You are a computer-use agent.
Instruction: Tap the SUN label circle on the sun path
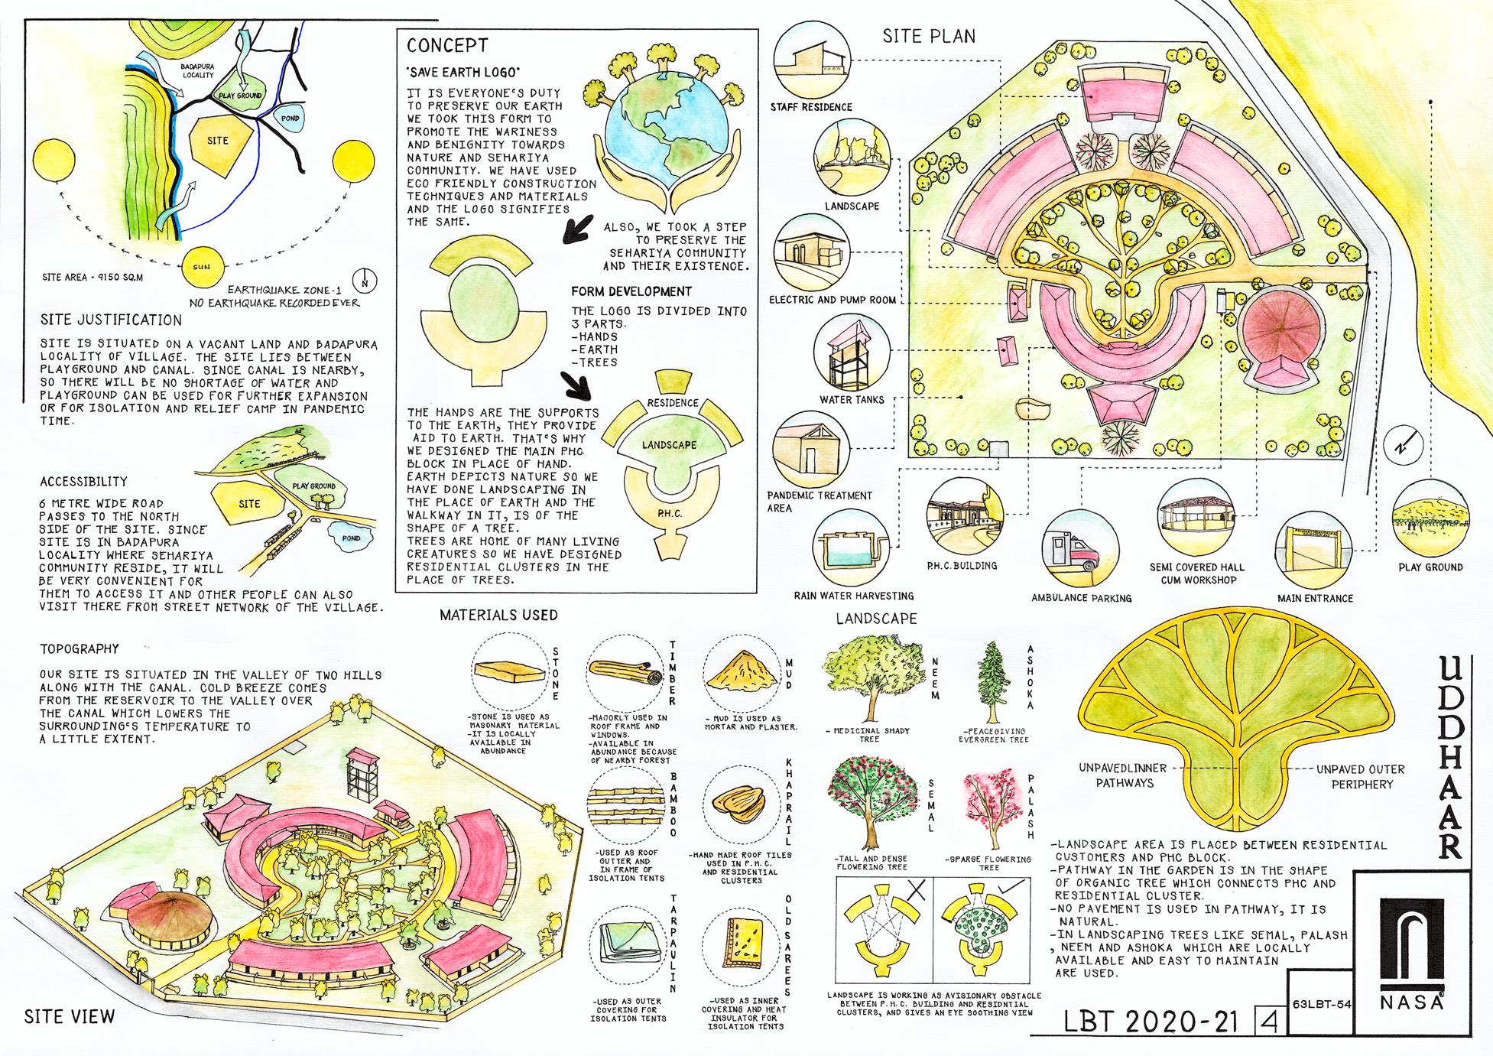pyautogui.click(x=201, y=266)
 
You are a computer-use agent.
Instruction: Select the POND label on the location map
pyautogui.click(x=290, y=119)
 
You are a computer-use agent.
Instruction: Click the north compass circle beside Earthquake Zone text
pyautogui.click(x=367, y=281)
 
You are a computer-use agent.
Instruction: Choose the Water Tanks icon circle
pyautogui.click(x=852, y=356)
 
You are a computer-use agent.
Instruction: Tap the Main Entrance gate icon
pyautogui.click(x=1315, y=550)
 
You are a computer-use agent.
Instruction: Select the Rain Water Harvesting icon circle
pyautogui.click(x=851, y=548)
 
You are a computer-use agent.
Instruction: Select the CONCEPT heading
pyautogui.click(x=446, y=46)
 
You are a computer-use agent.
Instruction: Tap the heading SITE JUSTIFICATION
pyautogui.click(x=112, y=320)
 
